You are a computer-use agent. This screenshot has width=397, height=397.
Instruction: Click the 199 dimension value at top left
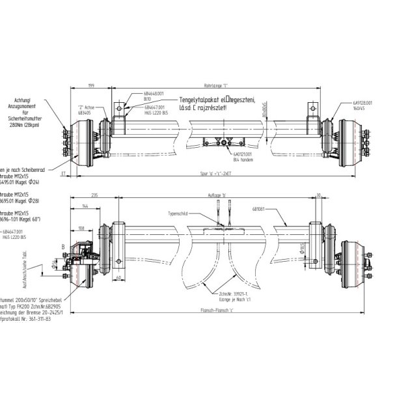point(92,85)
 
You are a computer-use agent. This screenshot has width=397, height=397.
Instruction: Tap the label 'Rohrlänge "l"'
point(215,85)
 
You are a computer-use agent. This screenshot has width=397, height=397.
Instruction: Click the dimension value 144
point(85,206)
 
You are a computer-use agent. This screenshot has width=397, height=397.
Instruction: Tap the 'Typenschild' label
point(177,212)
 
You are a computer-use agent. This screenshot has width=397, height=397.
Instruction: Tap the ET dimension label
point(64,174)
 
